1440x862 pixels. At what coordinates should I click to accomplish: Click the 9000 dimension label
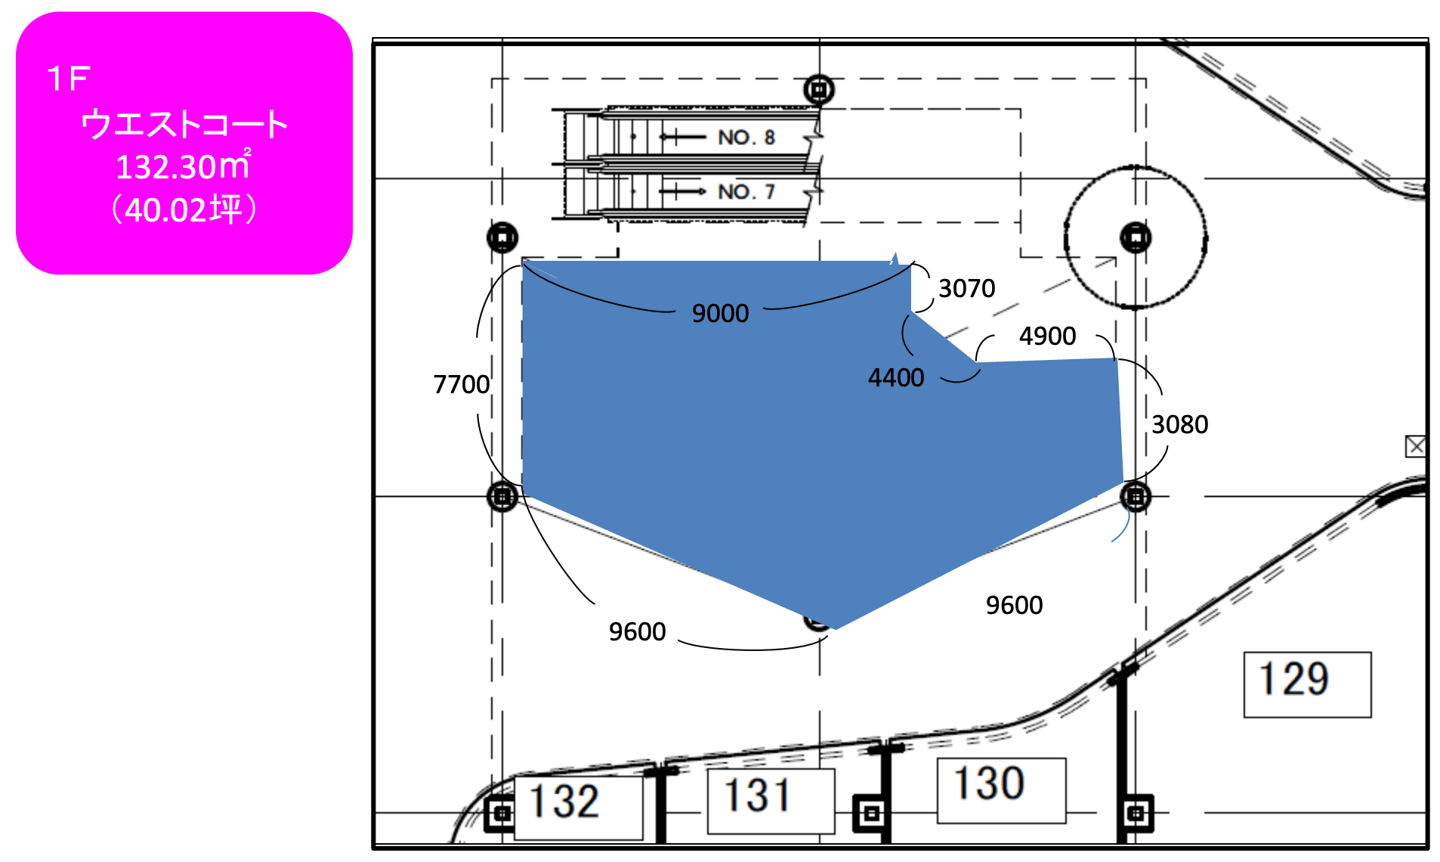pyautogui.click(x=720, y=313)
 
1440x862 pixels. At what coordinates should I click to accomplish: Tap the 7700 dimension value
pyautogui.click(x=462, y=384)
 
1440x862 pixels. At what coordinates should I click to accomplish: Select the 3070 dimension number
pyautogui.click(x=966, y=288)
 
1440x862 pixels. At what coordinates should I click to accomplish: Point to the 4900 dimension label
pyautogui.click(x=1047, y=336)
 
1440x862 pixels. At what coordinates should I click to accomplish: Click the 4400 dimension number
pyautogui.click(x=896, y=377)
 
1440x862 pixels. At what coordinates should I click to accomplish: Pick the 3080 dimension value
pyautogui.click(x=1179, y=424)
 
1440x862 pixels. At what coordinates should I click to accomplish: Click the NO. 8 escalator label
pyautogui.click(x=746, y=138)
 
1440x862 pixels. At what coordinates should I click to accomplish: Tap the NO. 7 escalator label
pyautogui.click(x=746, y=192)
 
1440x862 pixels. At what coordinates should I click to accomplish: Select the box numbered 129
pyautogui.click(x=1307, y=684)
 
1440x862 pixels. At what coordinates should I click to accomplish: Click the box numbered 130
pyautogui.click(x=1001, y=790)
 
